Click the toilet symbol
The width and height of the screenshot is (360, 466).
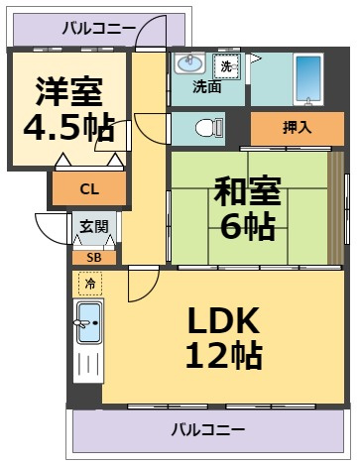209,128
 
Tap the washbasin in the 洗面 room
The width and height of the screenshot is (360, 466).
189,63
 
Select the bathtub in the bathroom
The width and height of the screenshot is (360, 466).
308,79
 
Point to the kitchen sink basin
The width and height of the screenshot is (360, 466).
88,322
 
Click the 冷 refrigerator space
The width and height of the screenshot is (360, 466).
90,284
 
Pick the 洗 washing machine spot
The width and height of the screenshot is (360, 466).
227,66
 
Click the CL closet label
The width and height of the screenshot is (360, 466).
89,189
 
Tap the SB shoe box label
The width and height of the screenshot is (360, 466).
94,258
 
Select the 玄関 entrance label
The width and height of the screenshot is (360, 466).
94,227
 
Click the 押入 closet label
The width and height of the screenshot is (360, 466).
298,128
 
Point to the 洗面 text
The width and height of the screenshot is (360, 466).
207,87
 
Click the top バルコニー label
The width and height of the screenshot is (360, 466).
99,29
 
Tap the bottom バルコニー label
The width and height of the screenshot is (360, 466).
208,429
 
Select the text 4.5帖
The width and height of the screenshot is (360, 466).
69,128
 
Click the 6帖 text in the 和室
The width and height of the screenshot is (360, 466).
248,227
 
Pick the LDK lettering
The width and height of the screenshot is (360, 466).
223,320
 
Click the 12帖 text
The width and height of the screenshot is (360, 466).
224,355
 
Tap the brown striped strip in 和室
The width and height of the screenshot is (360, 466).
335,208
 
